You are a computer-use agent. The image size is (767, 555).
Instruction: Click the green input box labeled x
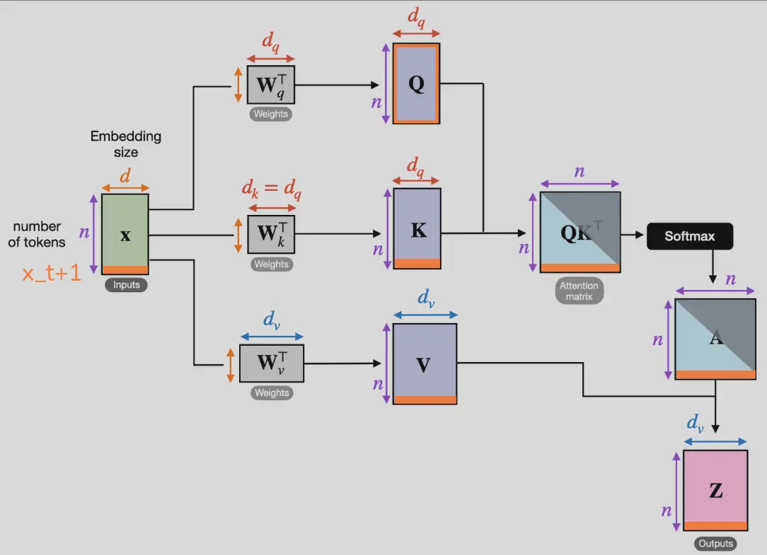point(125,234)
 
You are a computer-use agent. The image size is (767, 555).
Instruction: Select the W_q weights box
point(270,85)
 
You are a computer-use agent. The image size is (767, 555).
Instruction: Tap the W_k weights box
point(271,234)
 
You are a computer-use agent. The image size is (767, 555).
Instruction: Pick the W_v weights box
point(272,363)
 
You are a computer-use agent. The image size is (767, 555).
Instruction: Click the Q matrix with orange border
point(417,83)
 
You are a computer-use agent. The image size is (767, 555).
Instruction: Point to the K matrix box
point(417,228)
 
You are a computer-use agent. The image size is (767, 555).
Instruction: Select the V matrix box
point(425,363)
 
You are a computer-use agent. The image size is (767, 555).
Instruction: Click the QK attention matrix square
point(580,233)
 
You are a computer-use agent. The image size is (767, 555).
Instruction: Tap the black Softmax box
point(690,236)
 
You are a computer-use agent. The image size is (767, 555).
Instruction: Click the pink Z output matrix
point(715,490)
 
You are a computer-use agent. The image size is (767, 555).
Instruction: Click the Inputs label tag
point(126,286)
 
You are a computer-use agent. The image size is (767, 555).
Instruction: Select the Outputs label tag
point(715,544)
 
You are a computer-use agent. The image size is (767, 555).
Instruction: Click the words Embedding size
point(126,144)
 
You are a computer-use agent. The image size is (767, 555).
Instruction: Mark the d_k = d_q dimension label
point(271,189)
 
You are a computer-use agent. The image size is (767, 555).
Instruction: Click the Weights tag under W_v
point(272,393)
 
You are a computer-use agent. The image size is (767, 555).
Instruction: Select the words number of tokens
point(38,234)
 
